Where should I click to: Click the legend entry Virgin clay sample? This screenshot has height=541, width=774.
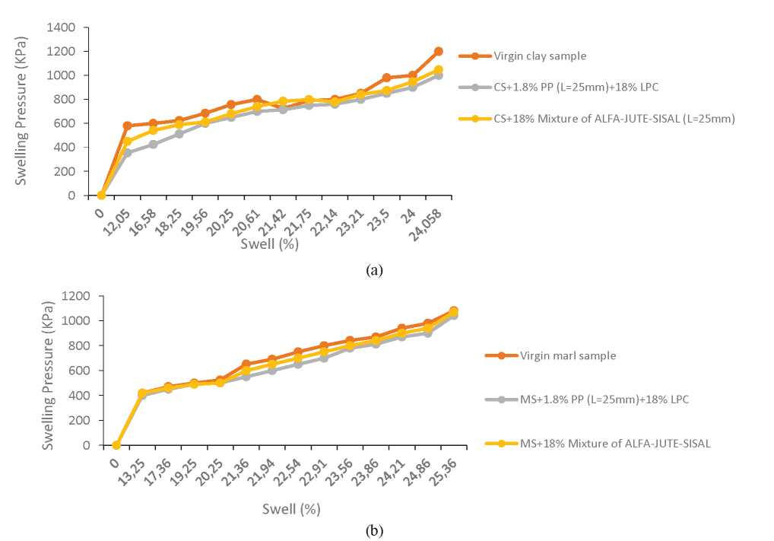pyautogui.click(x=540, y=56)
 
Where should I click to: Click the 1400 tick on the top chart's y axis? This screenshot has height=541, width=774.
pyautogui.click(x=61, y=27)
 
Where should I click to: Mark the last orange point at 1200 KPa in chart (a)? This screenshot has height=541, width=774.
pyautogui.click(x=439, y=51)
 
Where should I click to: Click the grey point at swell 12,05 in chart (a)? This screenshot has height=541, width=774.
pyautogui.click(x=127, y=153)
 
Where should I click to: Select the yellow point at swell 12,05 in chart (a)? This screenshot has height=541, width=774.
pyautogui.click(x=127, y=142)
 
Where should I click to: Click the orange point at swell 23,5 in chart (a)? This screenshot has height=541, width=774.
pyautogui.click(x=386, y=78)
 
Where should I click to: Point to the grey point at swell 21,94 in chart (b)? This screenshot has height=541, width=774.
pyautogui.click(x=271, y=371)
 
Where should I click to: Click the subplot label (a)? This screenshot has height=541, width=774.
pyautogui.click(x=373, y=269)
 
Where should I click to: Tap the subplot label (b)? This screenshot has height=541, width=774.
pyautogui.click(x=373, y=530)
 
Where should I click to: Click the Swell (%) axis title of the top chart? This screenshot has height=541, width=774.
pyautogui.click(x=269, y=244)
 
